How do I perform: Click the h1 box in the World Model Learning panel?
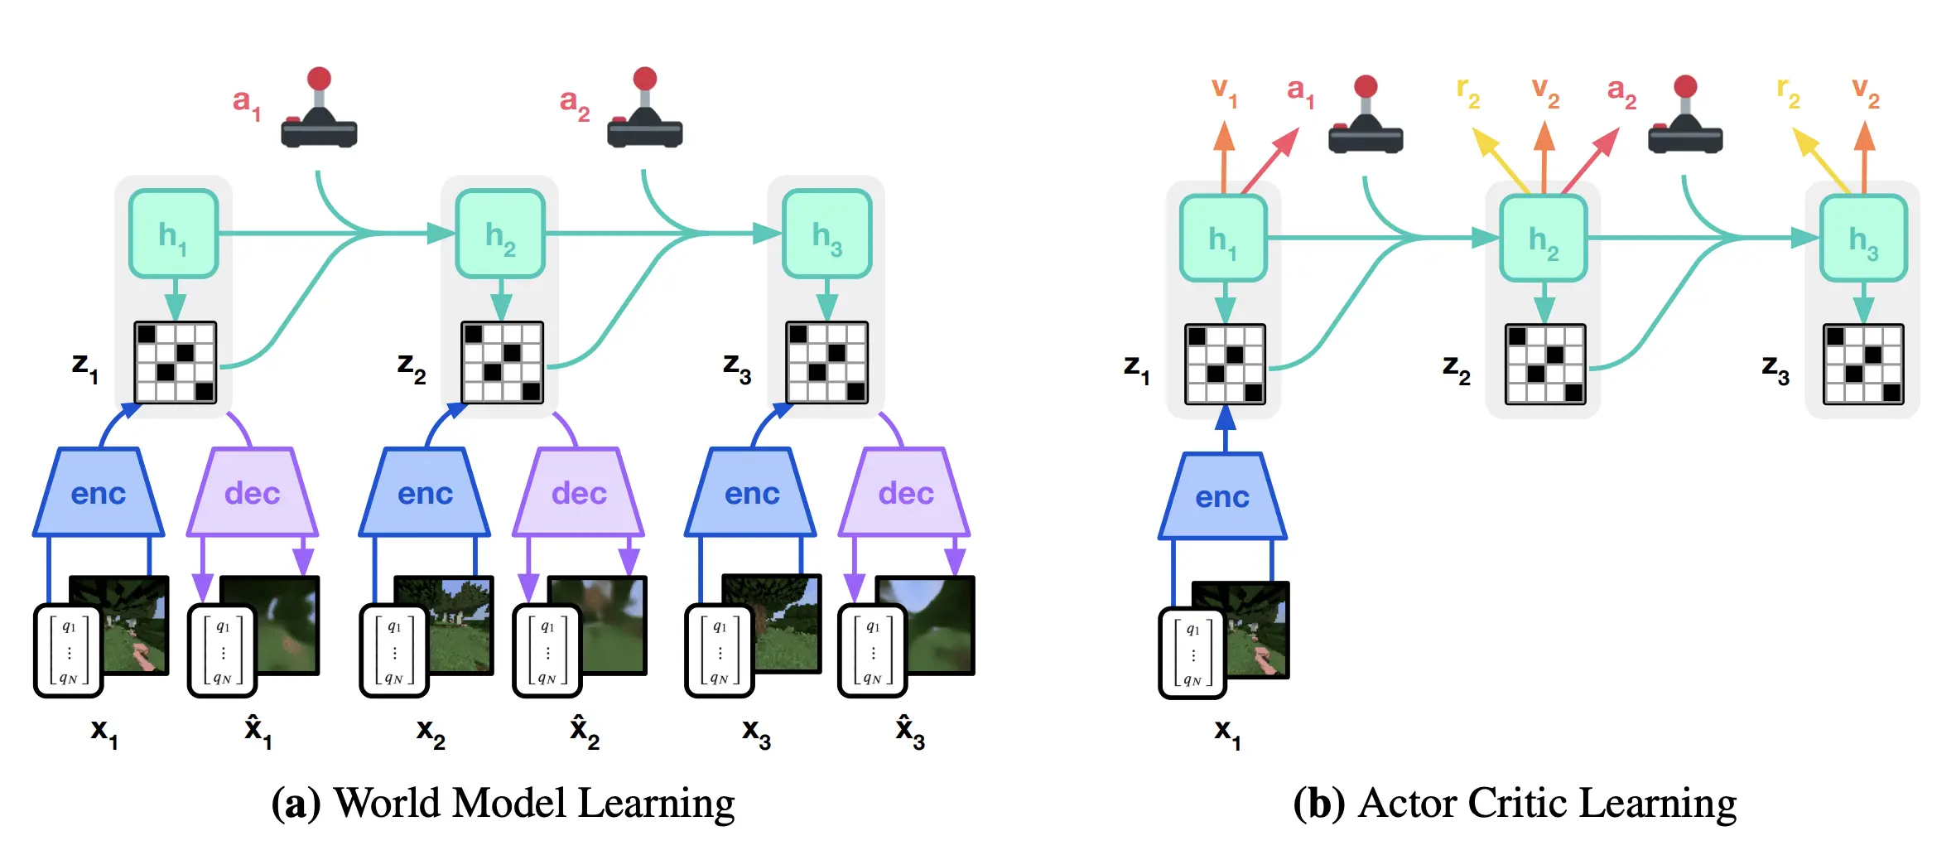(174, 234)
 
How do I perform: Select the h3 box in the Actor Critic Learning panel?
(1863, 239)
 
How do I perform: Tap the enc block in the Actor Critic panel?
(1222, 496)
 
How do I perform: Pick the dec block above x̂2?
(579, 492)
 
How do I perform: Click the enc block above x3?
(751, 492)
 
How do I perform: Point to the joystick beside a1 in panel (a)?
(319, 108)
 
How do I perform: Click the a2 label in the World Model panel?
(575, 104)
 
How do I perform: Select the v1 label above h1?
(1224, 91)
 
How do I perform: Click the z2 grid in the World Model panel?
(502, 362)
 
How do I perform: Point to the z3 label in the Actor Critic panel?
(1775, 368)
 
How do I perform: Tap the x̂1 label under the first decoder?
(258, 732)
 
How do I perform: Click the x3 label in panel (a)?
(756, 733)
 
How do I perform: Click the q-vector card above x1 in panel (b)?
(1192, 653)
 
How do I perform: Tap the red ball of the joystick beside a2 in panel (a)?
(645, 79)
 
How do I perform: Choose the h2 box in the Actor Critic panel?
(1544, 239)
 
